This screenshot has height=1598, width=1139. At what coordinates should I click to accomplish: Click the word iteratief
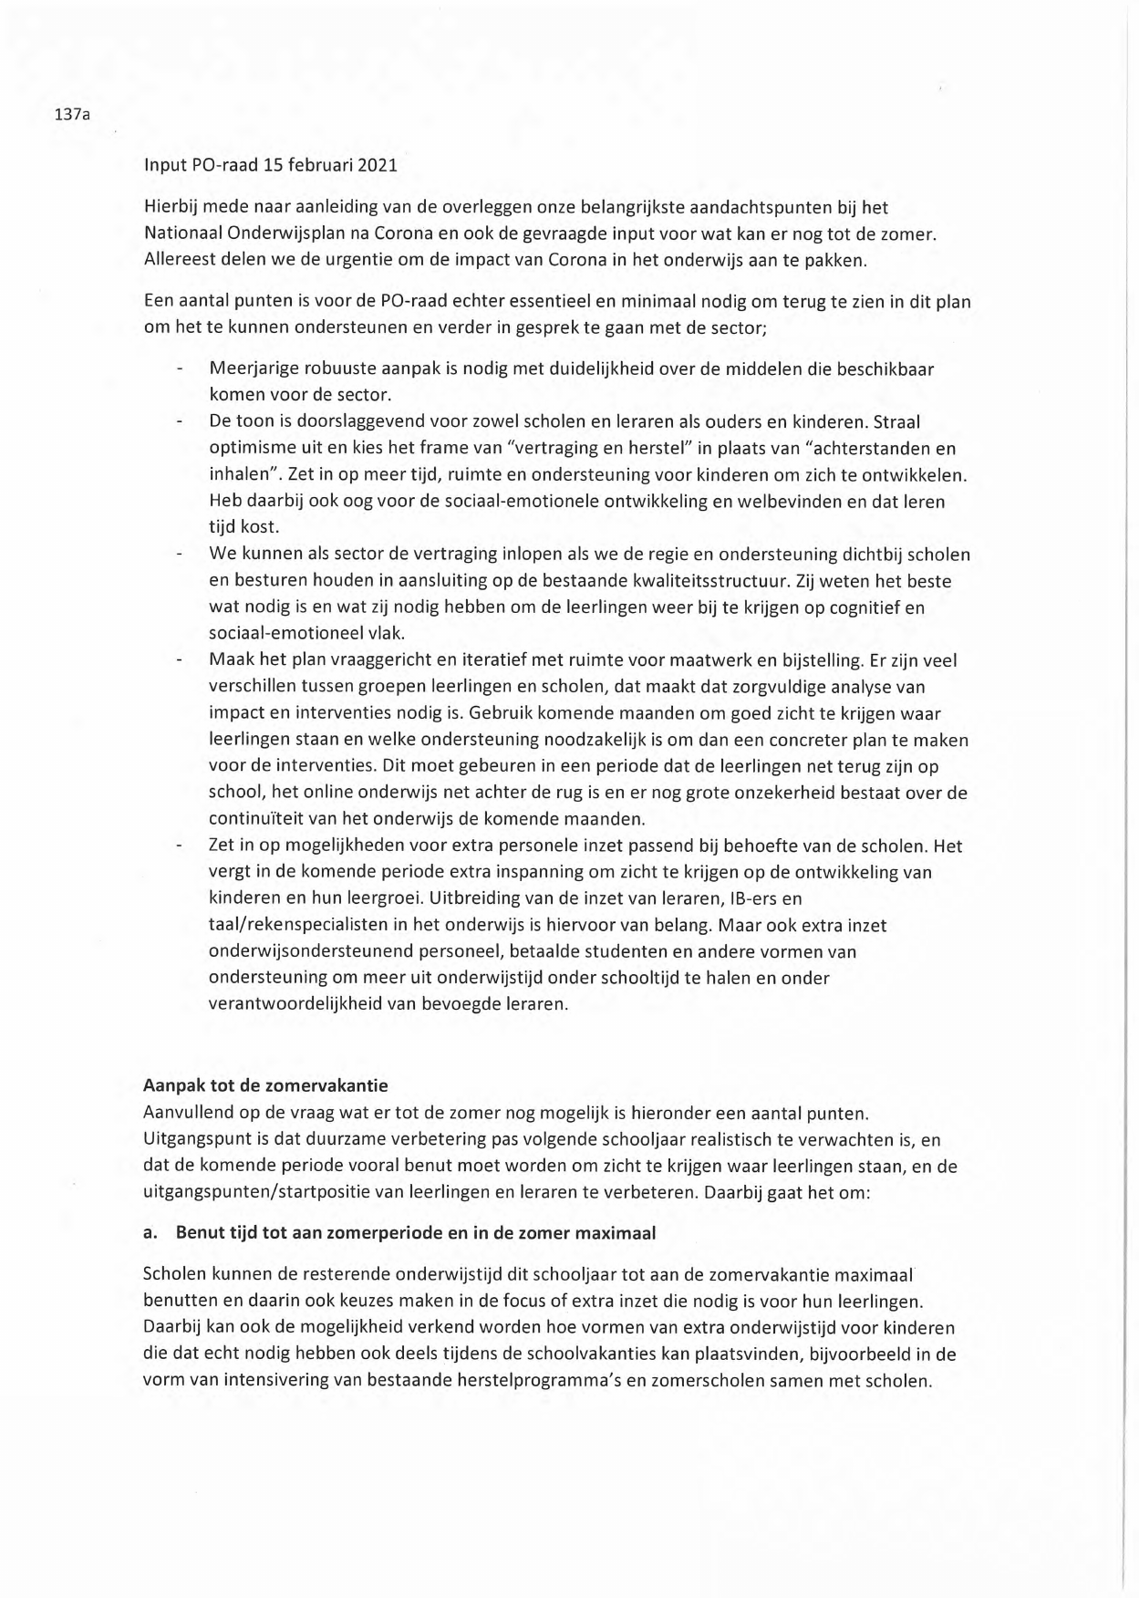pyautogui.click(x=465, y=659)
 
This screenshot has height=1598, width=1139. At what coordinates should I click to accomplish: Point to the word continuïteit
pyautogui.click(x=262, y=818)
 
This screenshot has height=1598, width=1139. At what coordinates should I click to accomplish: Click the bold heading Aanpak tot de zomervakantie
pyautogui.click(x=265, y=1085)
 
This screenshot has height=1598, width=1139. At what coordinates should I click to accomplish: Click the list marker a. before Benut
pyautogui.click(x=150, y=1232)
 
